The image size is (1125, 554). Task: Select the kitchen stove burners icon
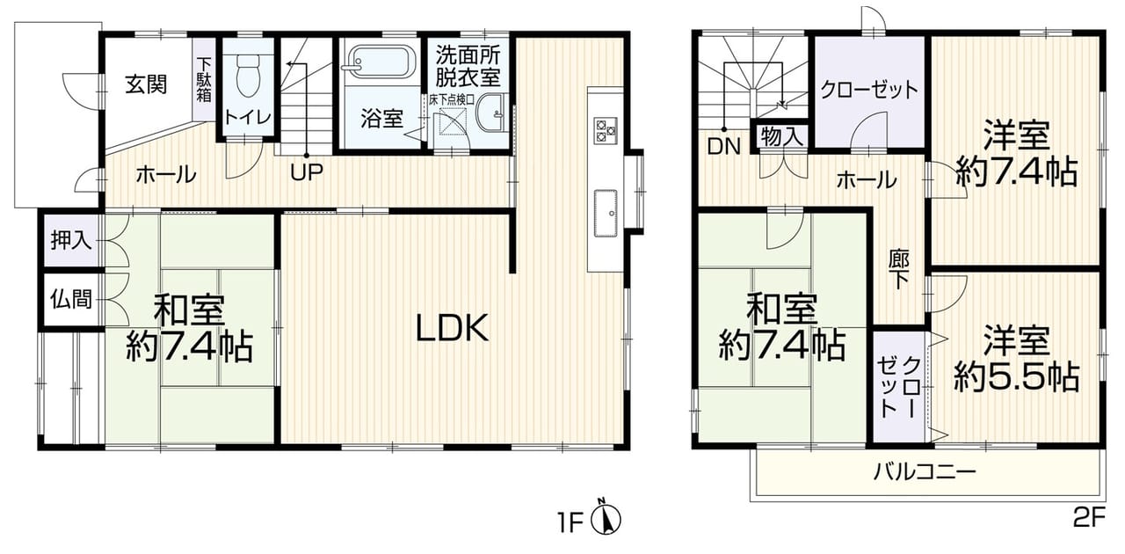[605, 131]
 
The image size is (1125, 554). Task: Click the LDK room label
[452, 328]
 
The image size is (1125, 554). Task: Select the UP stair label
[307, 172]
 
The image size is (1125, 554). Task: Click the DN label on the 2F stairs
[723, 147]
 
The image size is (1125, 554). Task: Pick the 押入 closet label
[71, 240]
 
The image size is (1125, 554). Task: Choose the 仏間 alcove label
[71, 299]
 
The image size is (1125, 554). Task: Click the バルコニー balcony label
[925, 472]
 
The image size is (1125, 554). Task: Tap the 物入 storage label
[781, 135]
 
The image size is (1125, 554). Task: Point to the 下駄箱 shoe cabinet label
[203, 81]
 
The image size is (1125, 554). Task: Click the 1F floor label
[570, 524]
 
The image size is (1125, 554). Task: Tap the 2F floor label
[1088, 518]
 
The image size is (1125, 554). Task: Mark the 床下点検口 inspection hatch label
[452, 99]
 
